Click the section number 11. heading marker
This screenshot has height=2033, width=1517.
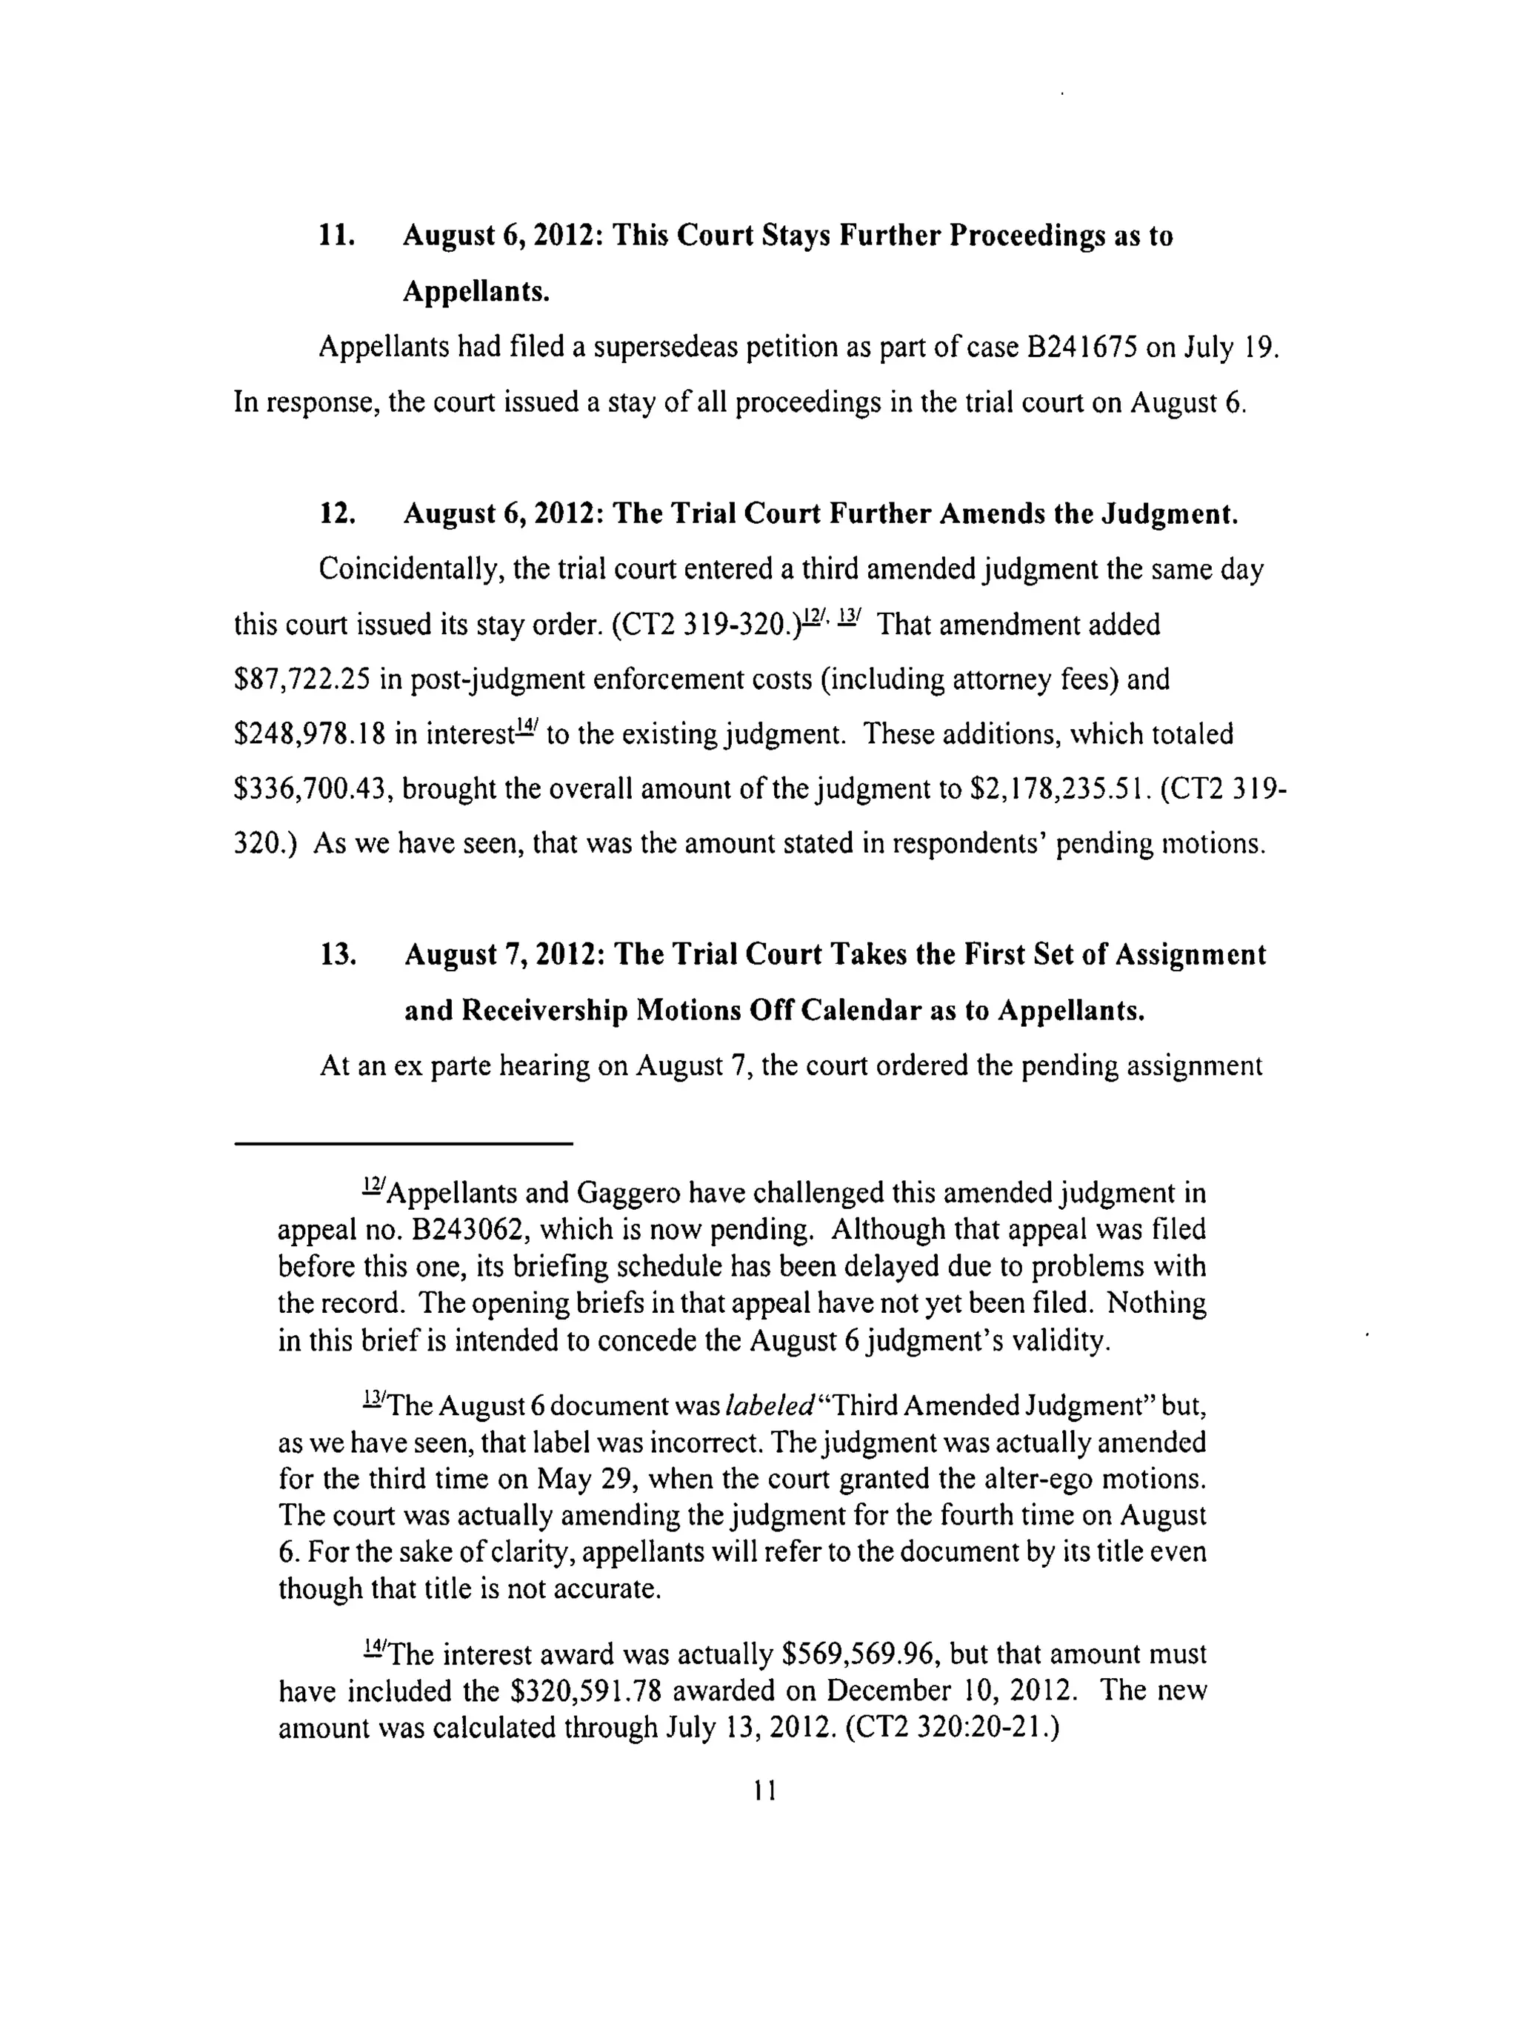tap(336, 237)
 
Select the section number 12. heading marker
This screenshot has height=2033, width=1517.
tap(336, 513)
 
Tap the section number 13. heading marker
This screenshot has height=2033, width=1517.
tap(336, 955)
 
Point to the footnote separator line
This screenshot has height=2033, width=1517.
tap(404, 1143)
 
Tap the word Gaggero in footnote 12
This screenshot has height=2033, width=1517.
tap(628, 1193)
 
